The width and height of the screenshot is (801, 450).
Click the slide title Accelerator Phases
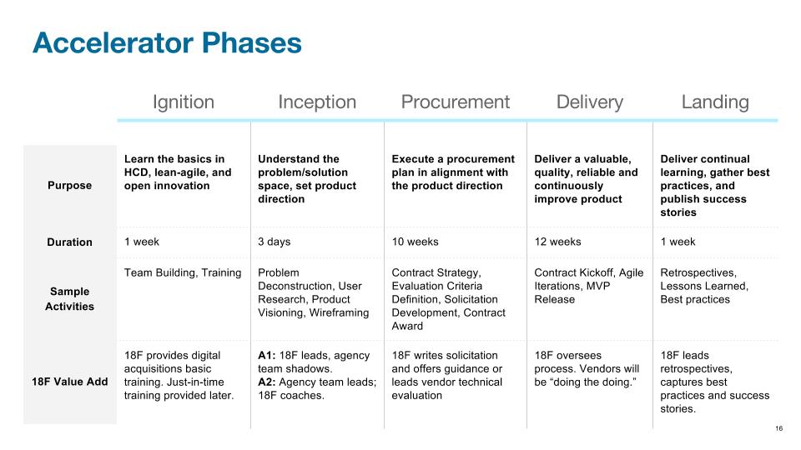click(x=167, y=42)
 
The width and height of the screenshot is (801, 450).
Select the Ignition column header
click(x=184, y=102)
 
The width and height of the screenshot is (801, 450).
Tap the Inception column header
click(x=317, y=102)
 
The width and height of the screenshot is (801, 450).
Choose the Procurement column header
click(x=456, y=102)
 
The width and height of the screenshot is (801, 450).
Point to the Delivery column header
click(x=590, y=102)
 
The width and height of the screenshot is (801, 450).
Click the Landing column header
click(x=715, y=102)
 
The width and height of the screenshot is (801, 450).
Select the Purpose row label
click(x=70, y=185)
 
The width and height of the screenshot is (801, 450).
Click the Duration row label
click(x=70, y=242)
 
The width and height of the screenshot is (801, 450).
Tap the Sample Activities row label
click(x=70, y=298)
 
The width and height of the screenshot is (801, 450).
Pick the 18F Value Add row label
click(x=70, y=382)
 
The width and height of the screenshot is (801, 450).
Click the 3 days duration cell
click(x=275, y=242)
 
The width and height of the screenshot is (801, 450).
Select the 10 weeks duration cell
click(x=416, y=242)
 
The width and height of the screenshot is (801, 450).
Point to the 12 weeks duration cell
click(x=558, y=242)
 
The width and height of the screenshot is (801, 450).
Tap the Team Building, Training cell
click(x=183, y=273)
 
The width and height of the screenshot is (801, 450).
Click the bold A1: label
click(x=267, y=356)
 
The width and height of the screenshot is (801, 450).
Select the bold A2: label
click(x=267, y=382)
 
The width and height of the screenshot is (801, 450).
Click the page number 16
click(x=779, y=428)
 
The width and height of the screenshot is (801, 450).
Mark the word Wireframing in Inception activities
click(x=340, y=312)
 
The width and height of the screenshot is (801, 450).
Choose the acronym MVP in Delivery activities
click(x=598, y=286)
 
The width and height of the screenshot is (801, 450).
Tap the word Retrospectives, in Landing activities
click(x=698, y=273)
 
